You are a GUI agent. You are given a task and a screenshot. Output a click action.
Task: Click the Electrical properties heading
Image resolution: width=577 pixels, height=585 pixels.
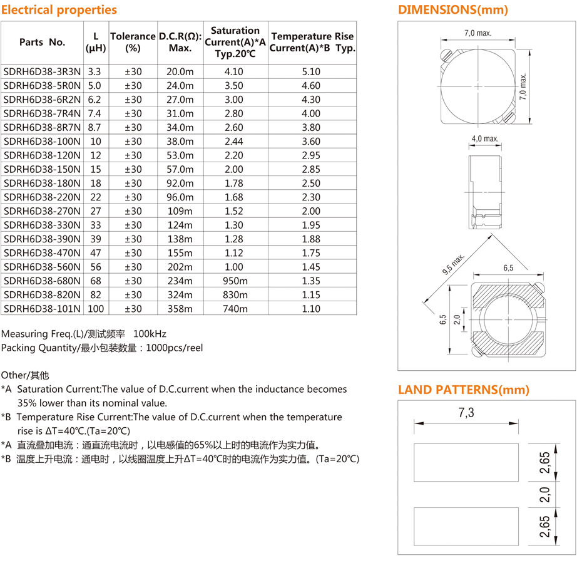coord(59,10)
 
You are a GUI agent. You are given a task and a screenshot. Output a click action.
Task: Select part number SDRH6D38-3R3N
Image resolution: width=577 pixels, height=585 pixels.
coord(42,72)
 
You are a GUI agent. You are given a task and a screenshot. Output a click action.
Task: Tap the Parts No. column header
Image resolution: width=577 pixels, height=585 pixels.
coord(42,42)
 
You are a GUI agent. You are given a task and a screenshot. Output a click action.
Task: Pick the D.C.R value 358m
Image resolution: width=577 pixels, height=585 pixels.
coord(180,309)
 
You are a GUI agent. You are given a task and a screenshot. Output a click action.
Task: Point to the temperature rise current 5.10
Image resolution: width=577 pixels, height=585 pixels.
coord(311,72)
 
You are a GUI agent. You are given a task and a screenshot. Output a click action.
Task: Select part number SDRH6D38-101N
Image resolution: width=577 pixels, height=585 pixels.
coord(42,309)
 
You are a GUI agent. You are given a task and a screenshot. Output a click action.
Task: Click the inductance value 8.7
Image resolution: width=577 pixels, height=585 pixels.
coord(95,128)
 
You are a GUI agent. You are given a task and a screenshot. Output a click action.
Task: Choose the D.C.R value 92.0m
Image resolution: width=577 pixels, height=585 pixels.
coord(180,184)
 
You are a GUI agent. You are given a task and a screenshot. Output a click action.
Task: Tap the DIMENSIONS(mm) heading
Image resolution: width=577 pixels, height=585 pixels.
coord(453,10)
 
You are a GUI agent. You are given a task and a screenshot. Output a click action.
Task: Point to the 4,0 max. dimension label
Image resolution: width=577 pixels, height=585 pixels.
coord(484,138)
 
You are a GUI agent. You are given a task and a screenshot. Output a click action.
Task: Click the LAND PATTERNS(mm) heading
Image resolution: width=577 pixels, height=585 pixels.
coord(464,390)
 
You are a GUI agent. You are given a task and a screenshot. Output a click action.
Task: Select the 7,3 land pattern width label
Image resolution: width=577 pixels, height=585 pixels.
coord(467,413)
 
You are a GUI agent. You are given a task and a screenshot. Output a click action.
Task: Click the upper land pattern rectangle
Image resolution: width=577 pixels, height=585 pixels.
coord(467,462)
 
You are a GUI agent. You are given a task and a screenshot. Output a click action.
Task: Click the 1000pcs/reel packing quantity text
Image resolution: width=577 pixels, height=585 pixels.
coord(174,348)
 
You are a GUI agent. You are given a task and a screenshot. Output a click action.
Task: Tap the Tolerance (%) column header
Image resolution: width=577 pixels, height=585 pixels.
coord(132,42)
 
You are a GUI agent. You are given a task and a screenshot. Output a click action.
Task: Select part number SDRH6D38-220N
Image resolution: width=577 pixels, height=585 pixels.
coord(42,197)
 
